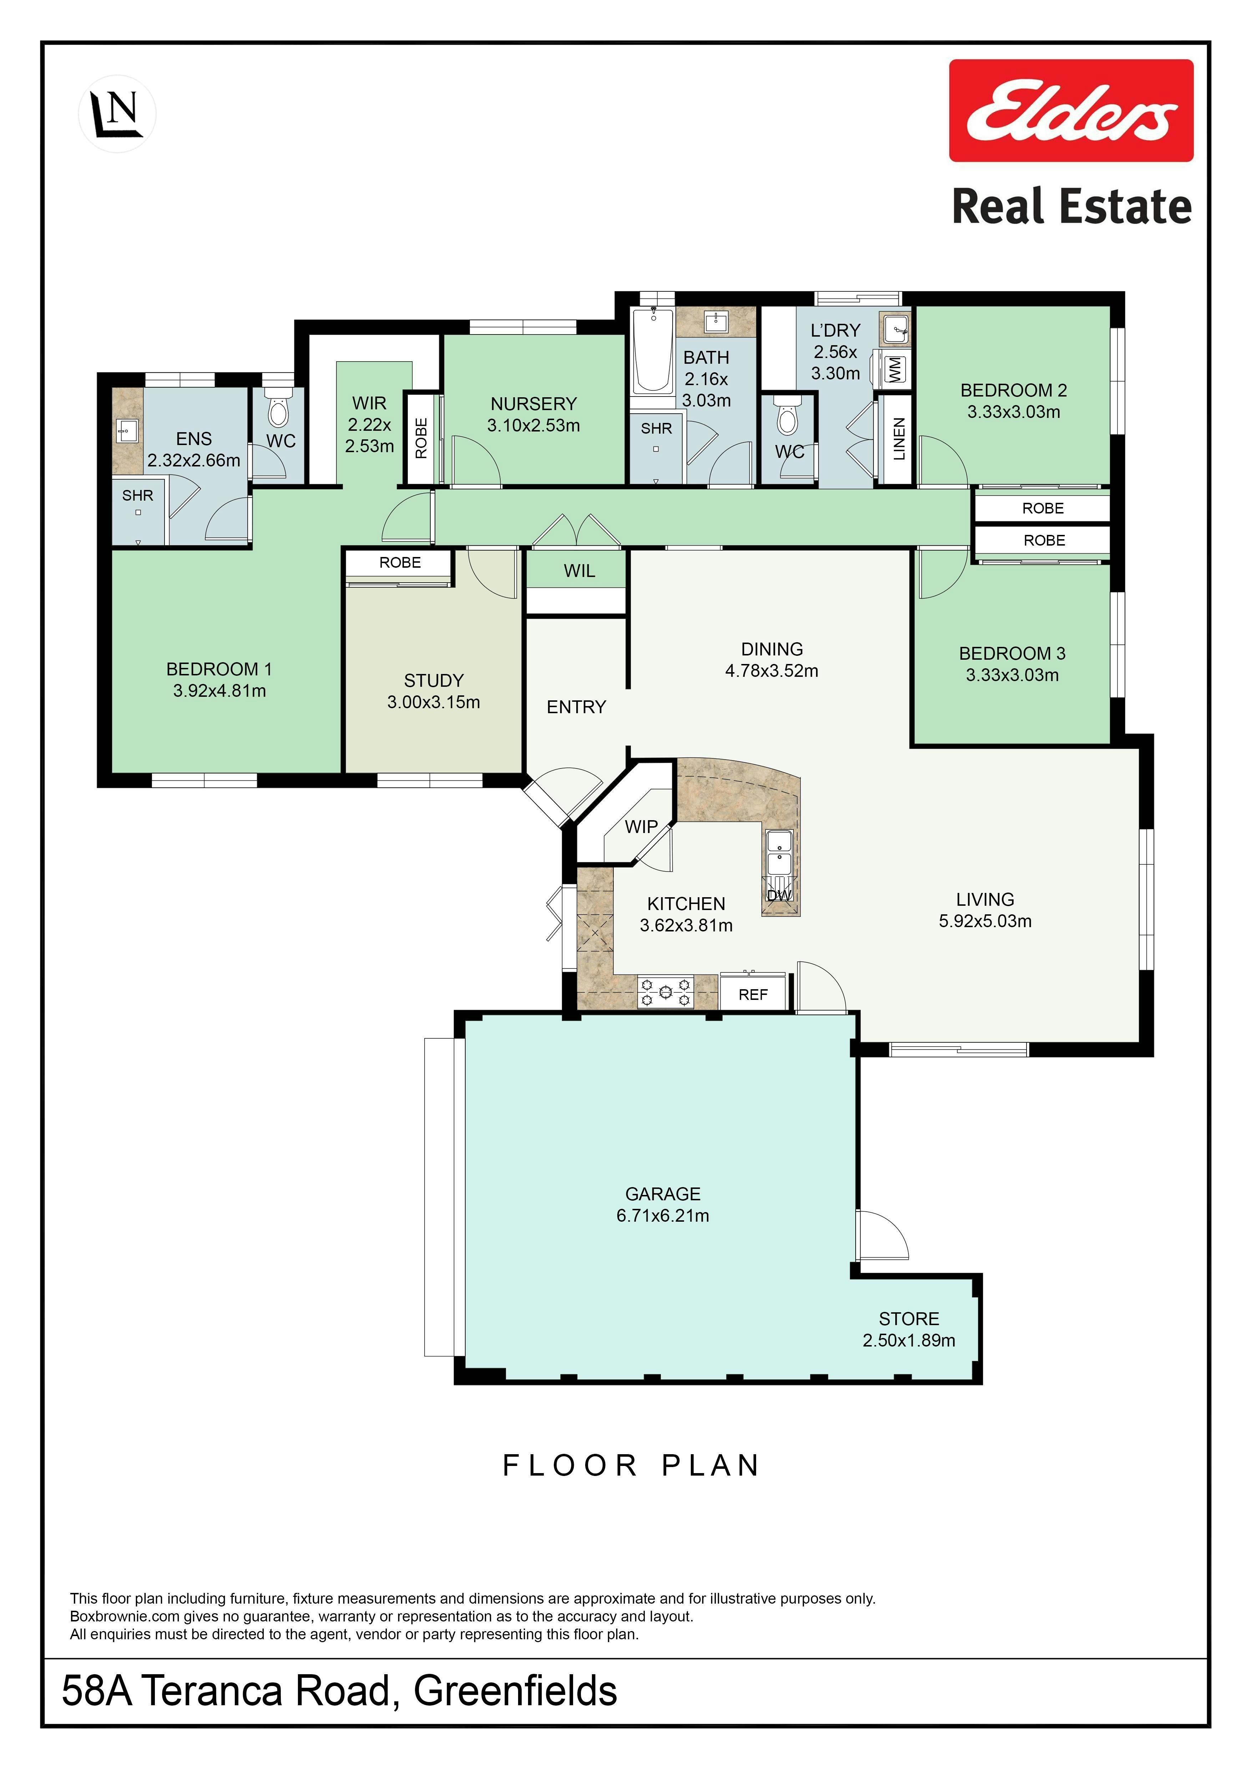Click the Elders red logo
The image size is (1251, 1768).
[x=1071, y=111]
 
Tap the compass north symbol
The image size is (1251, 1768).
[x=117, y=113]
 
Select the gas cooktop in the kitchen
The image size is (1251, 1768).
[x=666, y=992]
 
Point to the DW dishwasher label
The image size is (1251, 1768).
[x=780, y=895]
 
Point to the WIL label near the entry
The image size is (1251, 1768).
[x=579, y=571]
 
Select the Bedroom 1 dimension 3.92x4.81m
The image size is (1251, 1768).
[x=219, y=691]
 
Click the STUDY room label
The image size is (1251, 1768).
[x=434, y=681]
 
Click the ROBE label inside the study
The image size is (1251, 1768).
[x=400, y=563]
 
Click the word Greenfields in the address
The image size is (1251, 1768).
[x=515, y=1691]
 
